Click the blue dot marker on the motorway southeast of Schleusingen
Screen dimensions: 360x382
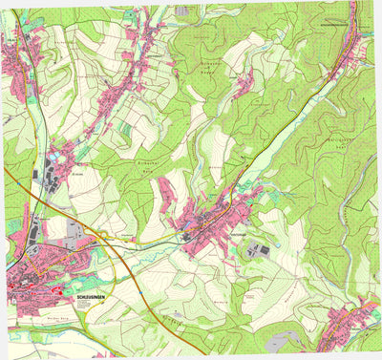pyautogui.click(x=140, y=286)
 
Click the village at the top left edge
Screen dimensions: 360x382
pyautogui.click(x=14, y=57)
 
